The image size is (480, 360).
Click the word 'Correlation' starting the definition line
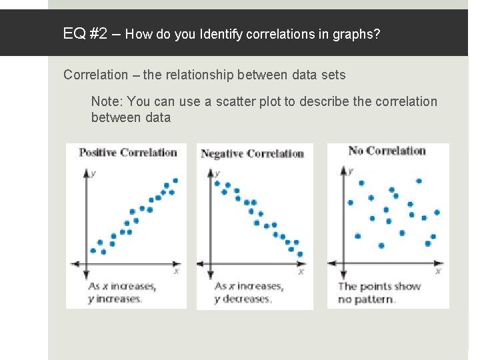pos(95,75)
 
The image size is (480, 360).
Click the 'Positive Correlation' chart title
pos(127,152)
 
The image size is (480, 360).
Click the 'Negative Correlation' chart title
pos(252,153)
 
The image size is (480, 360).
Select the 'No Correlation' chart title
pos(387,151)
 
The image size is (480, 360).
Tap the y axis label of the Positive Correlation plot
pos(93,173)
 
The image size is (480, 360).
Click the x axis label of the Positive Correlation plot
pos(176,271)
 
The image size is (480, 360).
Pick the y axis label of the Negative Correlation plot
pos(218,173)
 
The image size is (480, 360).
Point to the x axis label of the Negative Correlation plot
pos(301,271)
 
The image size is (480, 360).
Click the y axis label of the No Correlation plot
pos(351,171)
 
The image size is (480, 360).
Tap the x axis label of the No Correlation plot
pos(437,271)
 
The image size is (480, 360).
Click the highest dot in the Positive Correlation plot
pos(175,180)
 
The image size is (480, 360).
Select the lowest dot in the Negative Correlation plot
pos(299,254)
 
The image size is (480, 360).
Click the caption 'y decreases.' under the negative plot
pos(243,299)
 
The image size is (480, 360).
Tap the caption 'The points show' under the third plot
pos(379,287)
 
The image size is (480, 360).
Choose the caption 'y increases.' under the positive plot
pos(115,299)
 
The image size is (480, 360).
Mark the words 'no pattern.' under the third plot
pos(367,299)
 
